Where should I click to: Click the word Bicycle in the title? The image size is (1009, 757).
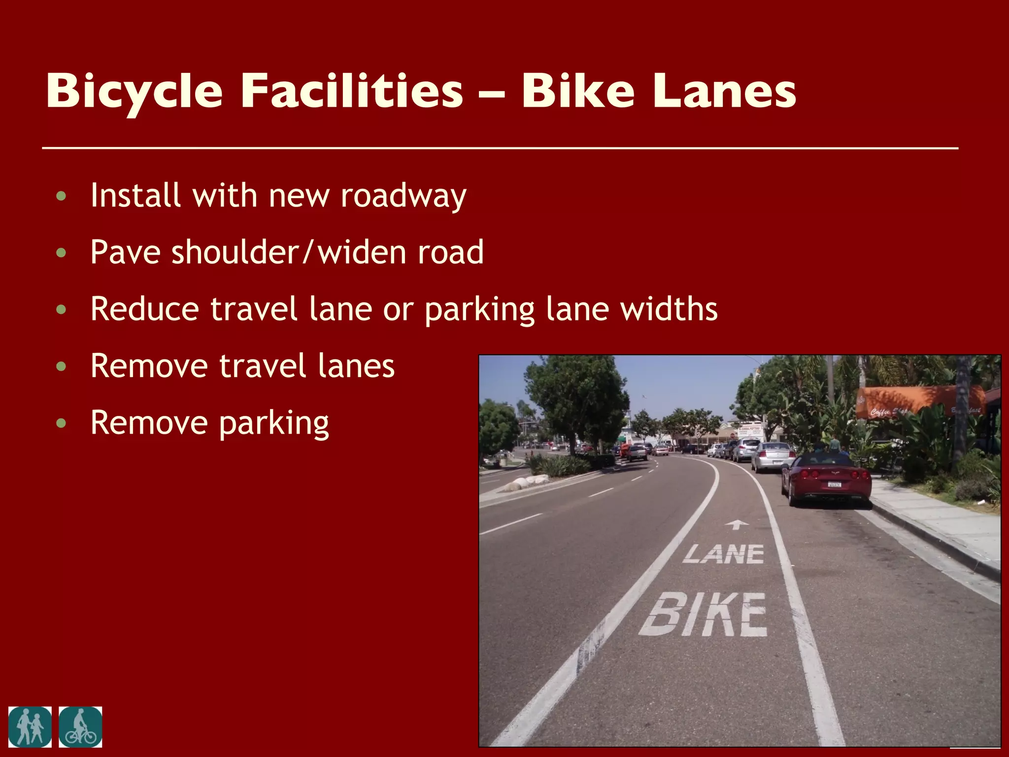coord(134,92)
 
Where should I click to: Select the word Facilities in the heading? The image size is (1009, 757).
coord(352,91)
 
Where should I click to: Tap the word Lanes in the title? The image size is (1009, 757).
coord(724,91)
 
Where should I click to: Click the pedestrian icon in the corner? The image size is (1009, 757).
coord(30,727)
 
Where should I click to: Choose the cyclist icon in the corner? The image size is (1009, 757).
coord(80,727)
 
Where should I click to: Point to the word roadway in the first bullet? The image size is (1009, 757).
coord(403,196)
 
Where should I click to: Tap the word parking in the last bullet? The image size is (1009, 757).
coord(273,423)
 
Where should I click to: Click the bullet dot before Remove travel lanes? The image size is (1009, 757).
coord(61,366)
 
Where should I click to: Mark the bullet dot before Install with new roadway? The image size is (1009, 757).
coord(61,196)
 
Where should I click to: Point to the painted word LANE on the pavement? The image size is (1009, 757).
coord(724,554)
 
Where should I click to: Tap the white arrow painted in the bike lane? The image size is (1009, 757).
coord(737,524)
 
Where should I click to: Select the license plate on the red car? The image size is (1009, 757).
coord(835,484)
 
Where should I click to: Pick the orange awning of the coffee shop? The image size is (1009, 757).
coord(916,401)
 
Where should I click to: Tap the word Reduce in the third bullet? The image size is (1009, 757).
coord(145,309)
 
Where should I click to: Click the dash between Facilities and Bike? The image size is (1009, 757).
coord(492,92)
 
